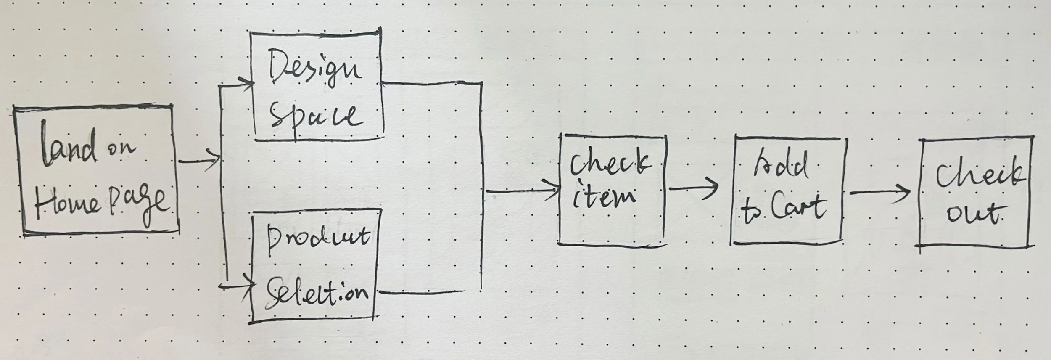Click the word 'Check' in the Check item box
(609, 164)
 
